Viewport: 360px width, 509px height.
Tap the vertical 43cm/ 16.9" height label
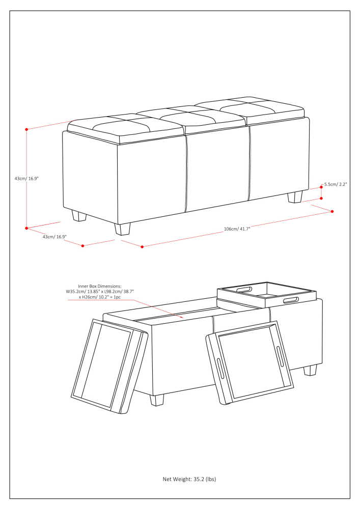coord(26,179)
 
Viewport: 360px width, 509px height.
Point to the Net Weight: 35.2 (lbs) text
coord(189,479)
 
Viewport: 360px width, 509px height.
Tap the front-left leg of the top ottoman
coord(122,229)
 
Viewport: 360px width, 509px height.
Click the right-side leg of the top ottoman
coord(295,197)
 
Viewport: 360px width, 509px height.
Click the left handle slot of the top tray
coord(243,290)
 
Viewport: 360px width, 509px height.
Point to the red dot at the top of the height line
coord(26,129)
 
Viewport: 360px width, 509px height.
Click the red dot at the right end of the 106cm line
coord(333,211)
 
